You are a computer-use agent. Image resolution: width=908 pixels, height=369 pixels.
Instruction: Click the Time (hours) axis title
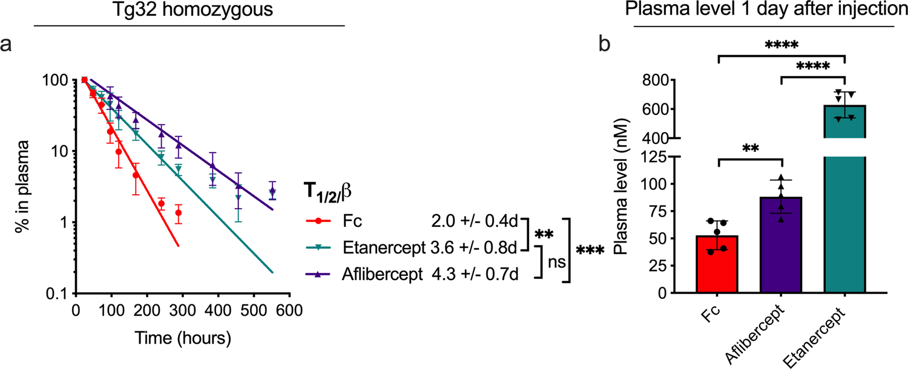182,337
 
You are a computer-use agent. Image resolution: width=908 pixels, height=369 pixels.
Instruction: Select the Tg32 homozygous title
190,10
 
